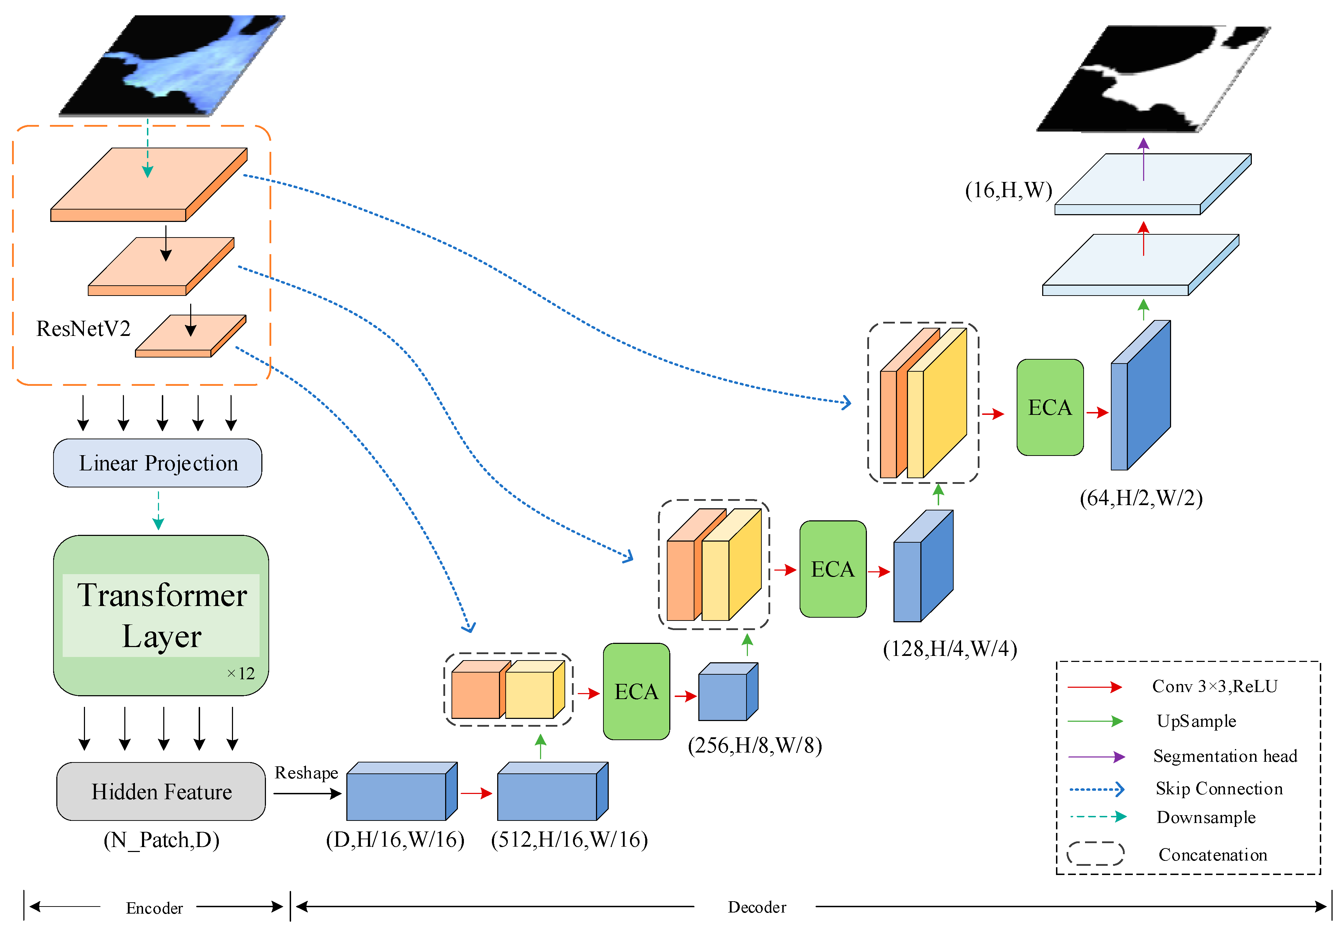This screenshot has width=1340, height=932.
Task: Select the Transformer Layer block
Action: coord(161,615)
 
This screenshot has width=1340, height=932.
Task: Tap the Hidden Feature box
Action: coord(161,791)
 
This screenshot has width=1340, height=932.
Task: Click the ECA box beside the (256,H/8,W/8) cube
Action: coord(636,692)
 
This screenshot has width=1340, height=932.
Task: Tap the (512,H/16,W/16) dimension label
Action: coord(569,840)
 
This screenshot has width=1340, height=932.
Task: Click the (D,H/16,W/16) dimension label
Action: coord(395,840)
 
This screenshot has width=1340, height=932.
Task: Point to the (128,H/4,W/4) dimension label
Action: coord(949,648)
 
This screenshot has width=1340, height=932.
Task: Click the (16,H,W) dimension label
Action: coord(1008,190)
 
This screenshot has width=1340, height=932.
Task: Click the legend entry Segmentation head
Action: coord(1225,756)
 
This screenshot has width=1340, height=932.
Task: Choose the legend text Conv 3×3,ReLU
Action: coord(1215,686)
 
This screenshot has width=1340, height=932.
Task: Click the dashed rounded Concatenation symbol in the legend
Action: coord(1095,854)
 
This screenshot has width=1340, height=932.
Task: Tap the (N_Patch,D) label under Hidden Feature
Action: coord(161,840)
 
